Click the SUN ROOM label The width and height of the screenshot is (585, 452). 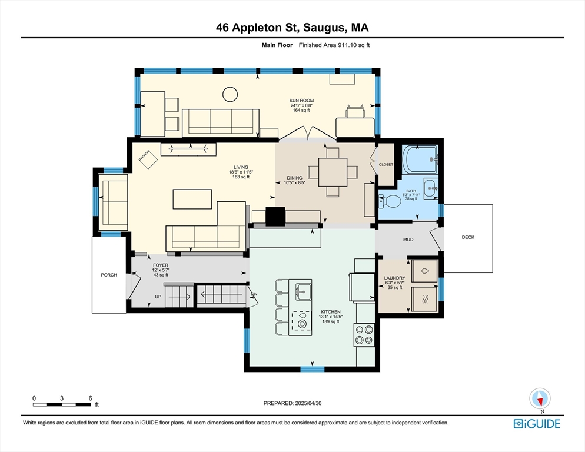tap(301, 101)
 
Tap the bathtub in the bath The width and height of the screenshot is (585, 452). tap(420, 159)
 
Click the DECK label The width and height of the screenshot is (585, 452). tap(468, 238)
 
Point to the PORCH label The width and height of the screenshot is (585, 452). tap(109, 275)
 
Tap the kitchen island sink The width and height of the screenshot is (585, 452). tap(304, 289)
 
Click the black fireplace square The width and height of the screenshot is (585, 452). tap(275, 216)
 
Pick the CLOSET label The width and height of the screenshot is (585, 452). tap(385, 165)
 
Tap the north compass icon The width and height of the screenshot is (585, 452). tap(539, 399)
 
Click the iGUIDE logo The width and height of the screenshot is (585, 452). tap(536, 424)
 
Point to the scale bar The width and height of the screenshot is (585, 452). tap(62, 404)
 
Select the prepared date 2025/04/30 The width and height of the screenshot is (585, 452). tap(292, 403)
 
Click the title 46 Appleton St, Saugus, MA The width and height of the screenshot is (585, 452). tap(292, 27)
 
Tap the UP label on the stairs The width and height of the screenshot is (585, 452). tap(158, 297)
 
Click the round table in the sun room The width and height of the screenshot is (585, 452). tap(228, 94)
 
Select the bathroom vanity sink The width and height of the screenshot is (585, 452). tap(431, 188)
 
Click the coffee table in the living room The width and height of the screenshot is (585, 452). tap(192, 199)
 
